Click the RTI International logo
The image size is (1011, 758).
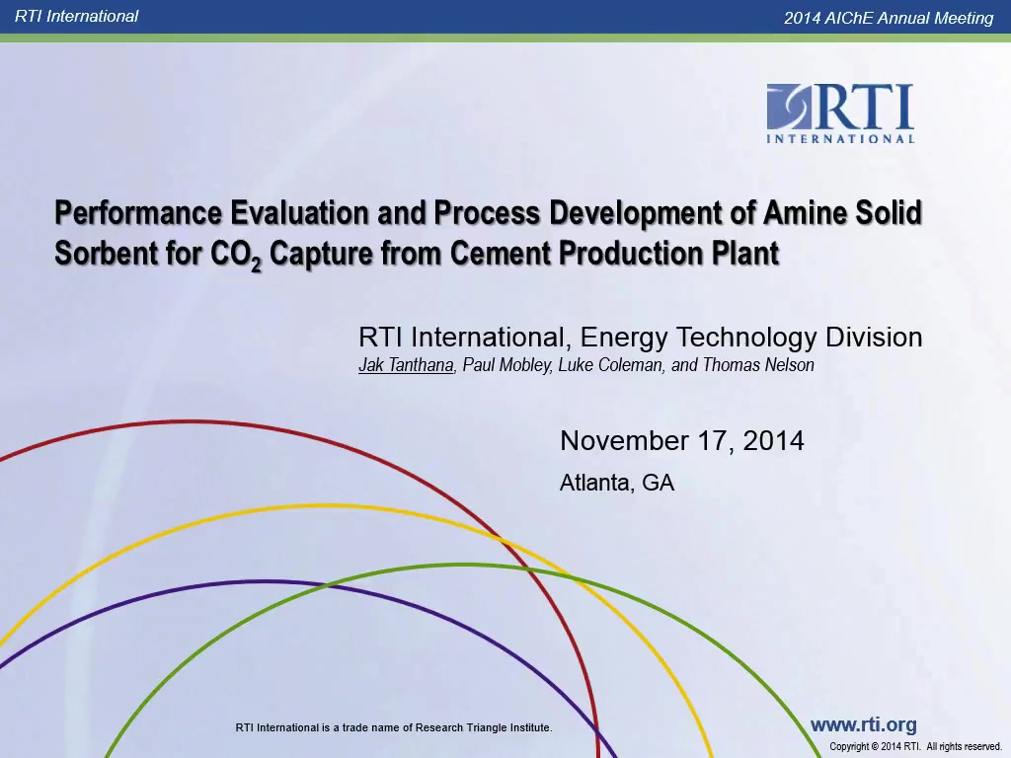point(840,114)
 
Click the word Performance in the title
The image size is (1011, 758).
point(138,213)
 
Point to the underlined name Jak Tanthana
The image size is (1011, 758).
point(406,365)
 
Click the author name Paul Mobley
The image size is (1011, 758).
point(506,365)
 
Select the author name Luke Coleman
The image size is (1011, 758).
point(610,365)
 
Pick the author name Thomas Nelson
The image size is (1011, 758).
point(758,365)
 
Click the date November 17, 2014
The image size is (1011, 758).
point(682,441)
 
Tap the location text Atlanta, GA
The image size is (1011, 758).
point(617,483)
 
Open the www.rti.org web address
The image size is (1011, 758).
point(863,724)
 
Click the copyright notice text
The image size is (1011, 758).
point(915,746)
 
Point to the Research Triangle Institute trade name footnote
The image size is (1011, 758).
point(394,727)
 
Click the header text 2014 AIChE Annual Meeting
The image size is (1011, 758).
point(889,18)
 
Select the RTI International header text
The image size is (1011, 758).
point(76,16)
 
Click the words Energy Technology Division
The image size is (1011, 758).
point(751,338)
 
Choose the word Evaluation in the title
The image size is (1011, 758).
point(300,213)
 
